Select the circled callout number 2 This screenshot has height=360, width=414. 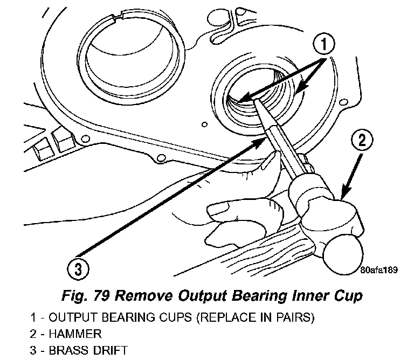(362, 141)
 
